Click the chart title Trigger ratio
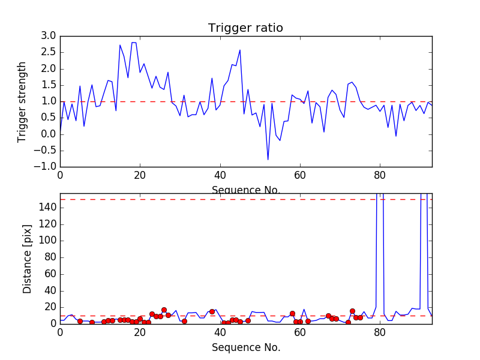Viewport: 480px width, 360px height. (245, 28)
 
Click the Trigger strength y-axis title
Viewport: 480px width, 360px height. (22, 101)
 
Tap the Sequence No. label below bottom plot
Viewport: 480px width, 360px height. (245, 347)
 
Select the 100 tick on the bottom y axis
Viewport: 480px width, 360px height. (47, 240)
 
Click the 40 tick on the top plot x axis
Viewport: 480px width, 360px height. (220, 176)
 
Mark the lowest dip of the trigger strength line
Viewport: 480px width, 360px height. (268, 159)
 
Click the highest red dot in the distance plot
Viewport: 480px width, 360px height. (164, 310)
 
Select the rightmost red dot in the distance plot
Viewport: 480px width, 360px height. (360, 317)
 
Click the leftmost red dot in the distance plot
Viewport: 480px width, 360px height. (80, 321)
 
